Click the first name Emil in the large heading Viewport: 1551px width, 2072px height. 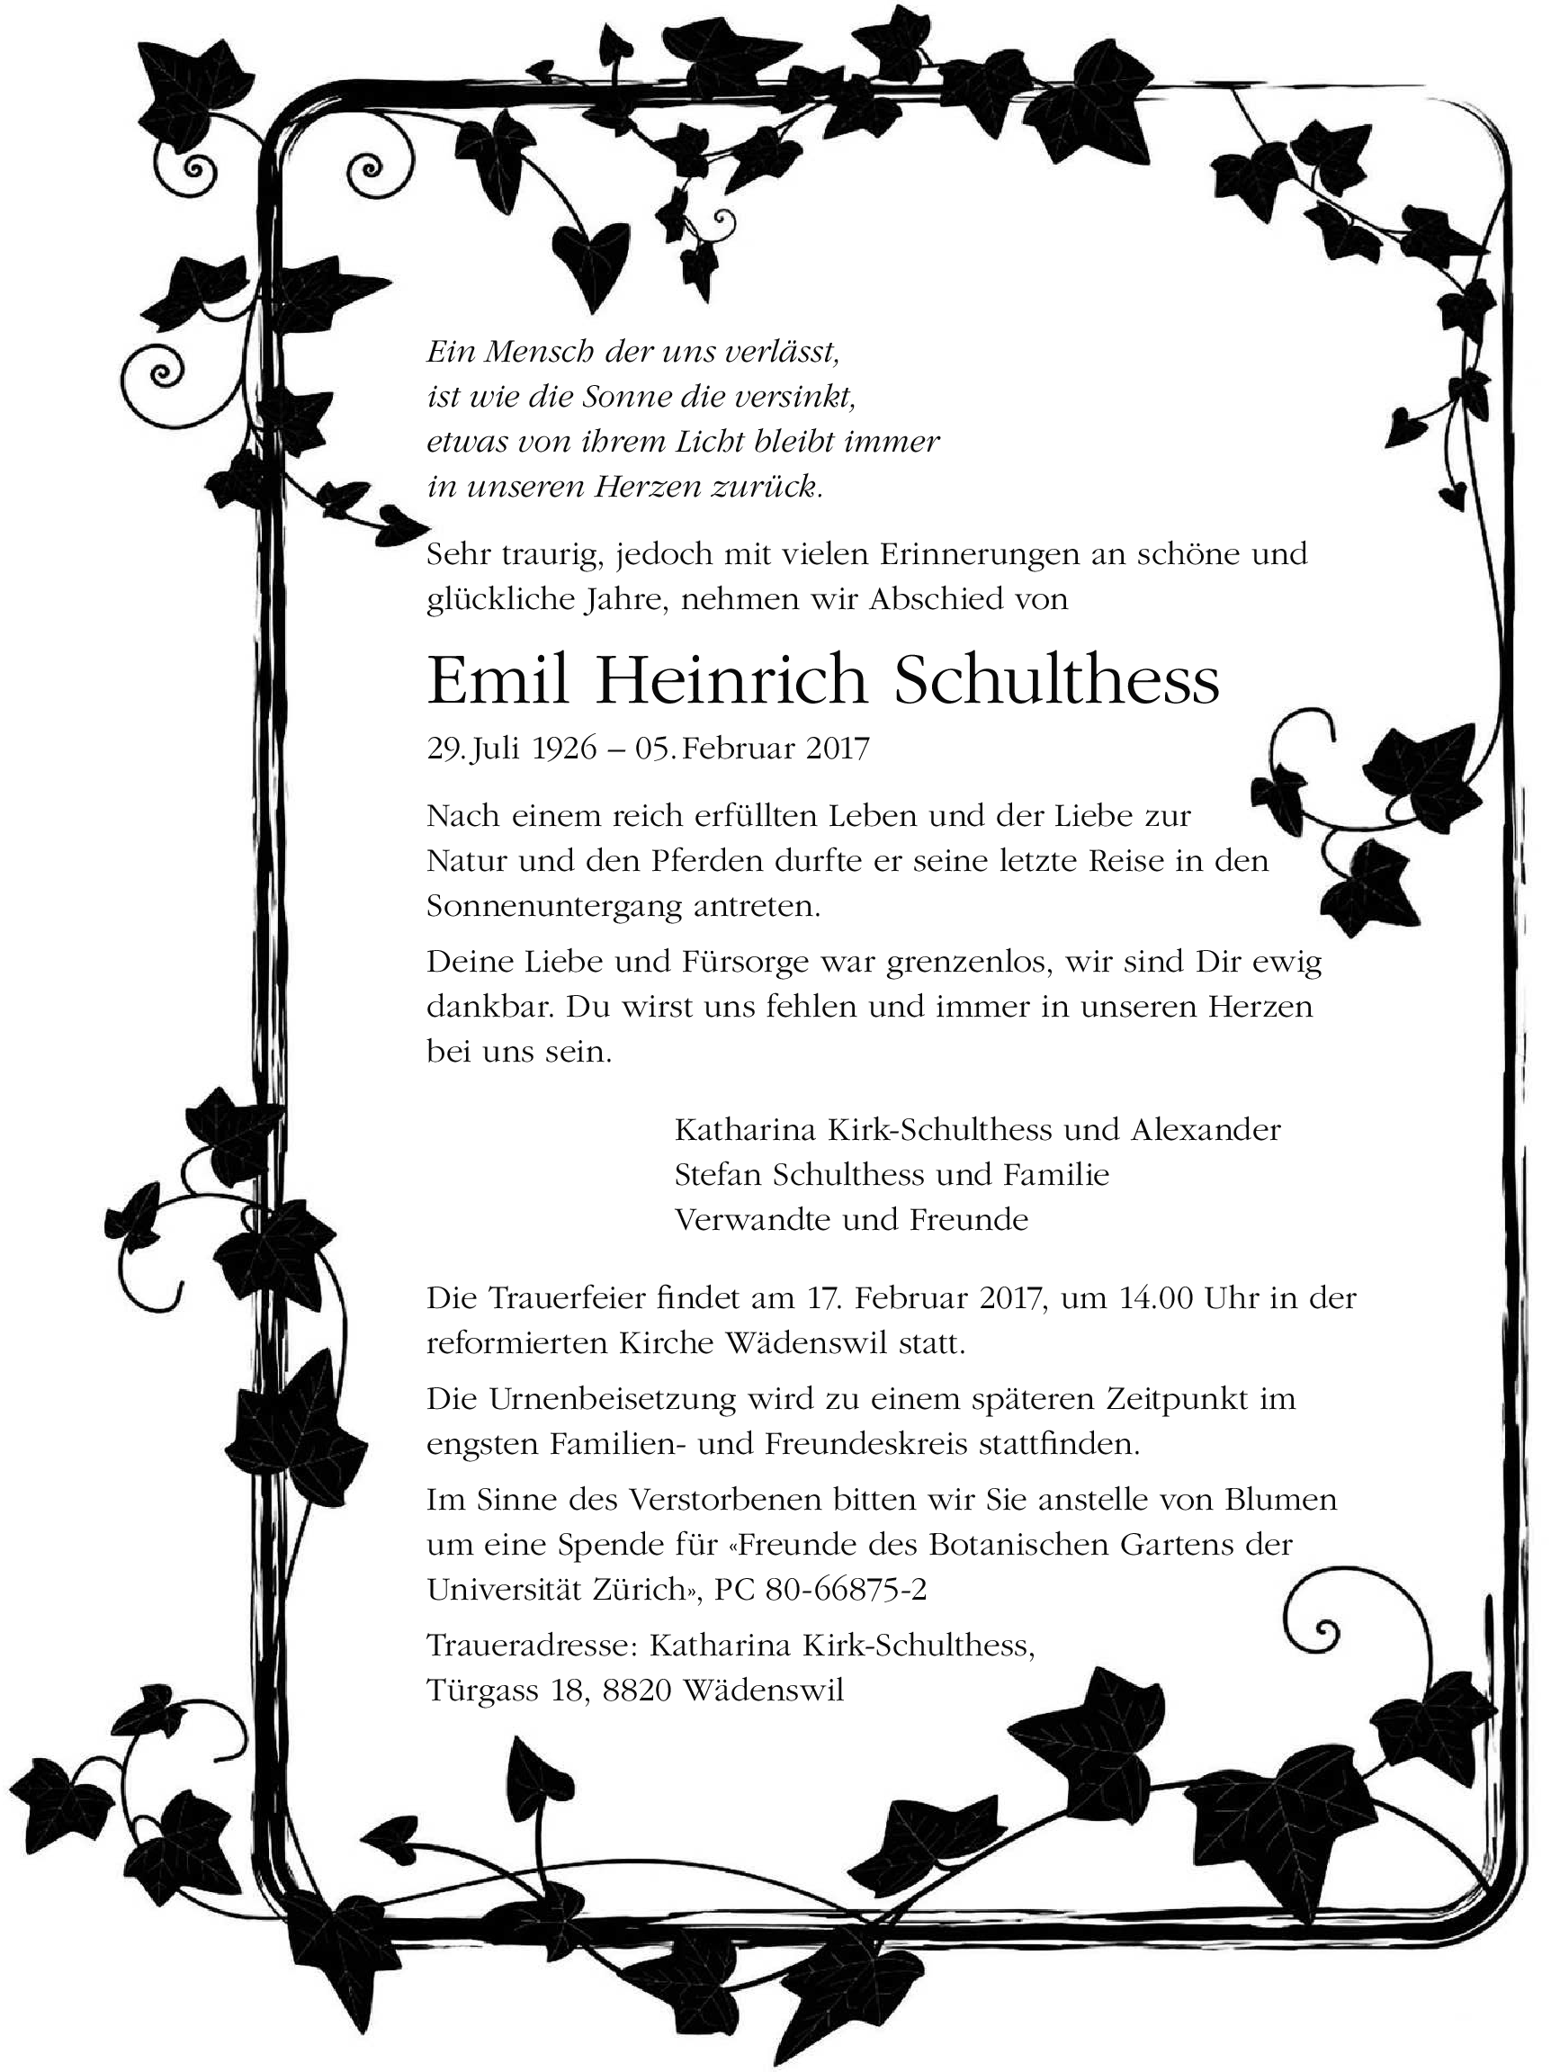click(498, 681)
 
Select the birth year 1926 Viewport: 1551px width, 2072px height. click(564, 749)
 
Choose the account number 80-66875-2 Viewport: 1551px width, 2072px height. click(846, 1590)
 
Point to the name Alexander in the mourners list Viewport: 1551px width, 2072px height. click(1206, 1130)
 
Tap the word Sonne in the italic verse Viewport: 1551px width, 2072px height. click(626, 397)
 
